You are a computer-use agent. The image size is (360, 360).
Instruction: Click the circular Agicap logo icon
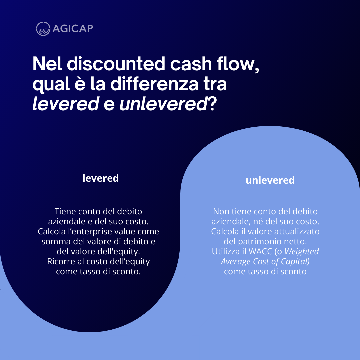[x=43, y=29]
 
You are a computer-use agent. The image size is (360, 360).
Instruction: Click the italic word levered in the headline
[x=65, y=104]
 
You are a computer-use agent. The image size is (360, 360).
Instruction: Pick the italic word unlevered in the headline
[x=163, y=104]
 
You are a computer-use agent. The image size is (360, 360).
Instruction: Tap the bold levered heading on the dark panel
[x=101, y=178]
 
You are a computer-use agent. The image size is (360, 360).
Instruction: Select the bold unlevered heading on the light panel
[x=270, y=180]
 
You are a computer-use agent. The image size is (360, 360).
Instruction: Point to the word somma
[x=54, y=241]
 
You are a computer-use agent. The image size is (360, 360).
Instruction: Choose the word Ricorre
[x=59, y=261]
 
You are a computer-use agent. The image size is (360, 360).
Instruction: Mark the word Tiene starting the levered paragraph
[x=65, y=211]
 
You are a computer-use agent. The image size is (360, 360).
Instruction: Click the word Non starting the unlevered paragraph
[x=220, y=211]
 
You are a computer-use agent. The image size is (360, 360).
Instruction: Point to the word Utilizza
[x=225, y=251]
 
